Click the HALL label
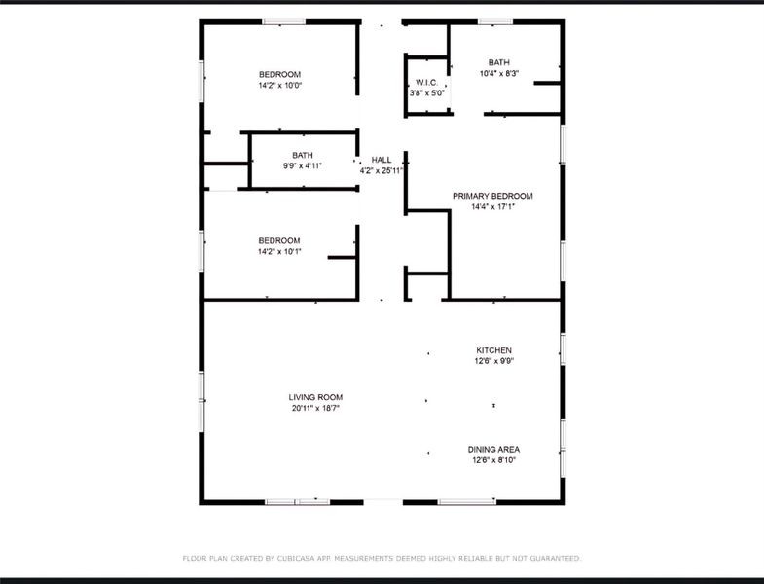(x=382, y=160)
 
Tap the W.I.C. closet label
(x=427, y=82)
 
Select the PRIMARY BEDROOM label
(x=492, y=196)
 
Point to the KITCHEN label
(x=493, y=350)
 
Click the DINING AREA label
(x=495, y=450)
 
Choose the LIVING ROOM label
(x=315, y=397)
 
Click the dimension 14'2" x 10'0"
(x=279, y=86)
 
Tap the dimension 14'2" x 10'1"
(x=279, y=252)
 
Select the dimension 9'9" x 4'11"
(x=303, y=166)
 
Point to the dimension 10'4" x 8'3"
(x=499, y=73)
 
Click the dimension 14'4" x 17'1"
(x=492, y=206)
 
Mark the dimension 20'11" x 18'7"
(x=315, y=408)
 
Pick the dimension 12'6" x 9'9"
(x=493, y=361)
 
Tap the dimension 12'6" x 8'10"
(x=495, y=460)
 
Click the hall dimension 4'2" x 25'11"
(x=382, y=170)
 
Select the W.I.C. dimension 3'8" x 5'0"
(x=427, y=92)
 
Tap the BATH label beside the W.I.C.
(x=499, y=62)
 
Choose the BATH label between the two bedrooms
(x=303, y=156)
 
